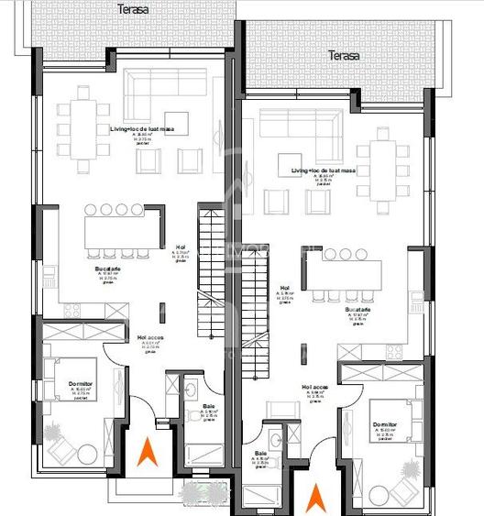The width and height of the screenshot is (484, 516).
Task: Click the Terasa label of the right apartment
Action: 344,56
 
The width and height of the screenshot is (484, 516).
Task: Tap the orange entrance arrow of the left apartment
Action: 145,452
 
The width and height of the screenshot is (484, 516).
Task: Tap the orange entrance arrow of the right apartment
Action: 314,500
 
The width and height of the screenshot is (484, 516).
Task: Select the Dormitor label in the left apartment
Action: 80,384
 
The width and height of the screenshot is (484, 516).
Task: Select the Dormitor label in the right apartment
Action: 384,424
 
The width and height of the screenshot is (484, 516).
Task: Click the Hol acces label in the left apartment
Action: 150,336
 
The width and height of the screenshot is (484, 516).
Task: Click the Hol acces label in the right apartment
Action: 314,387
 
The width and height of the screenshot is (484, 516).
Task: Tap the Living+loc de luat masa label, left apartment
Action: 142,130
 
